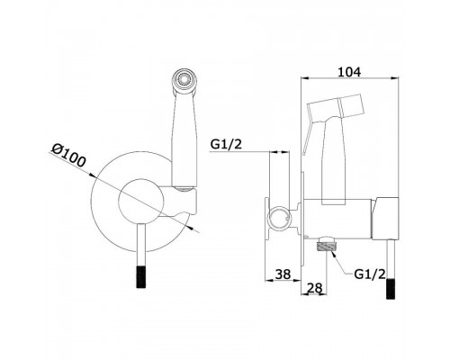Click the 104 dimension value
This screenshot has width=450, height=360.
pos(349,72)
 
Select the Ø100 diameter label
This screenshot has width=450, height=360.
pos(68,155)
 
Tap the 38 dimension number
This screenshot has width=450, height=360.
pos(283,274)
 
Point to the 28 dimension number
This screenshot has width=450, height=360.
pos(315,288)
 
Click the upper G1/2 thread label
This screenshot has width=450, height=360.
pos(226,145)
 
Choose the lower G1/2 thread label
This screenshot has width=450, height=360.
pos(369,274)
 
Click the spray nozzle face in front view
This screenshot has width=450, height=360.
pos(184,79)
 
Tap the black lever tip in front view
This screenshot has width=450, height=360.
pos(140,277)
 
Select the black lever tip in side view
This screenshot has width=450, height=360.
pos(390,289)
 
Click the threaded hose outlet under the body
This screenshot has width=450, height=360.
pos(326,244)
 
